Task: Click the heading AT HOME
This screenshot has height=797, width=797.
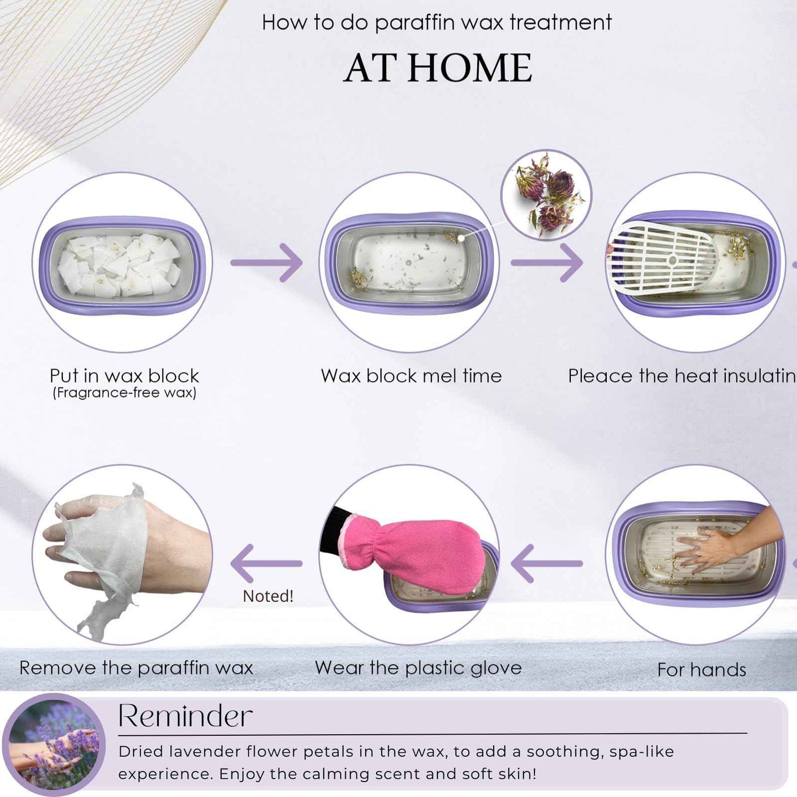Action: [438, 68]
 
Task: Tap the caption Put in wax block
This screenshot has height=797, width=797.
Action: [124, 376]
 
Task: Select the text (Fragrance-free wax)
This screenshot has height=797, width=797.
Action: [124, 393]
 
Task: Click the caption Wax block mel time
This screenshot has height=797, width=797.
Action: [411, 376]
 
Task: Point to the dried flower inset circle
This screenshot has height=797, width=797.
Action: [546, 195]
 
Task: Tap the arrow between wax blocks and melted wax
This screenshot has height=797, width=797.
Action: [268, 263]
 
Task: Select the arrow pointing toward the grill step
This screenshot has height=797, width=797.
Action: [548, 263]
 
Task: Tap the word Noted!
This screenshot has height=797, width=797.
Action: [268, 596]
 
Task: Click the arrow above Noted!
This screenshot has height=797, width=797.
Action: [266, 563]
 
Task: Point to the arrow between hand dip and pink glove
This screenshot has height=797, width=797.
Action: [547, 563]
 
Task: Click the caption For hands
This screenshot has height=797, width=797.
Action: [702, 670]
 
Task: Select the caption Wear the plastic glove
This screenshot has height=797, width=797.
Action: [418, 668]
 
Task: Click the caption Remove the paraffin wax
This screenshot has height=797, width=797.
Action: [136, 668]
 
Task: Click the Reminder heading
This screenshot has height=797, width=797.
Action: [185, 716]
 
